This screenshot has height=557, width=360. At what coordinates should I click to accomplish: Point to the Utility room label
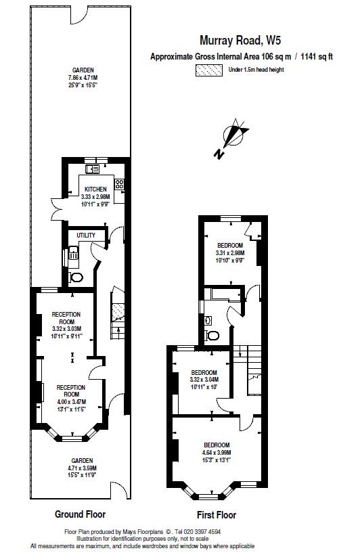[86, 236]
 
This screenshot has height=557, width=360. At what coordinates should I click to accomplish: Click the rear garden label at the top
[83, 70]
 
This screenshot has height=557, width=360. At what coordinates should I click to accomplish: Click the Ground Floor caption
[80, 514]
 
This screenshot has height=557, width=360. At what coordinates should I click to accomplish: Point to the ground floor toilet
[76, 277]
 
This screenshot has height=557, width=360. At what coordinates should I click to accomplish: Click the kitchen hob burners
[120, 183]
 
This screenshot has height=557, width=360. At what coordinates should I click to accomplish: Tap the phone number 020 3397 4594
[200, 532]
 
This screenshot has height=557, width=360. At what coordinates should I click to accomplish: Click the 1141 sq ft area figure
[316, 57]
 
